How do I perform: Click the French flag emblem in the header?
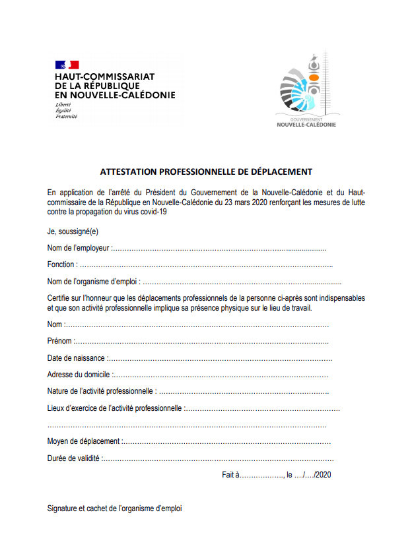pos(67,65)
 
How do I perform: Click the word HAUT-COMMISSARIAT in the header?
pos(105,77)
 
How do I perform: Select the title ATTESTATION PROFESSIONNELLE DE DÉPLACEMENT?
pos(205,171)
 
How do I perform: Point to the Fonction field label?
pos(61,264)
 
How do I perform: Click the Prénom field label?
pos(60,341)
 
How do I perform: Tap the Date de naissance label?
pos(76,358)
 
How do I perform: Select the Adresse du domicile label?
pos(79,375)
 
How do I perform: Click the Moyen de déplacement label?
pos(84,441)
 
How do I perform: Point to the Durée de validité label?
pos(74,458)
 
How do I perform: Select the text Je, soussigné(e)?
pos(73,231)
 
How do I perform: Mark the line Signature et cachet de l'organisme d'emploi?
pos(114,508)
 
